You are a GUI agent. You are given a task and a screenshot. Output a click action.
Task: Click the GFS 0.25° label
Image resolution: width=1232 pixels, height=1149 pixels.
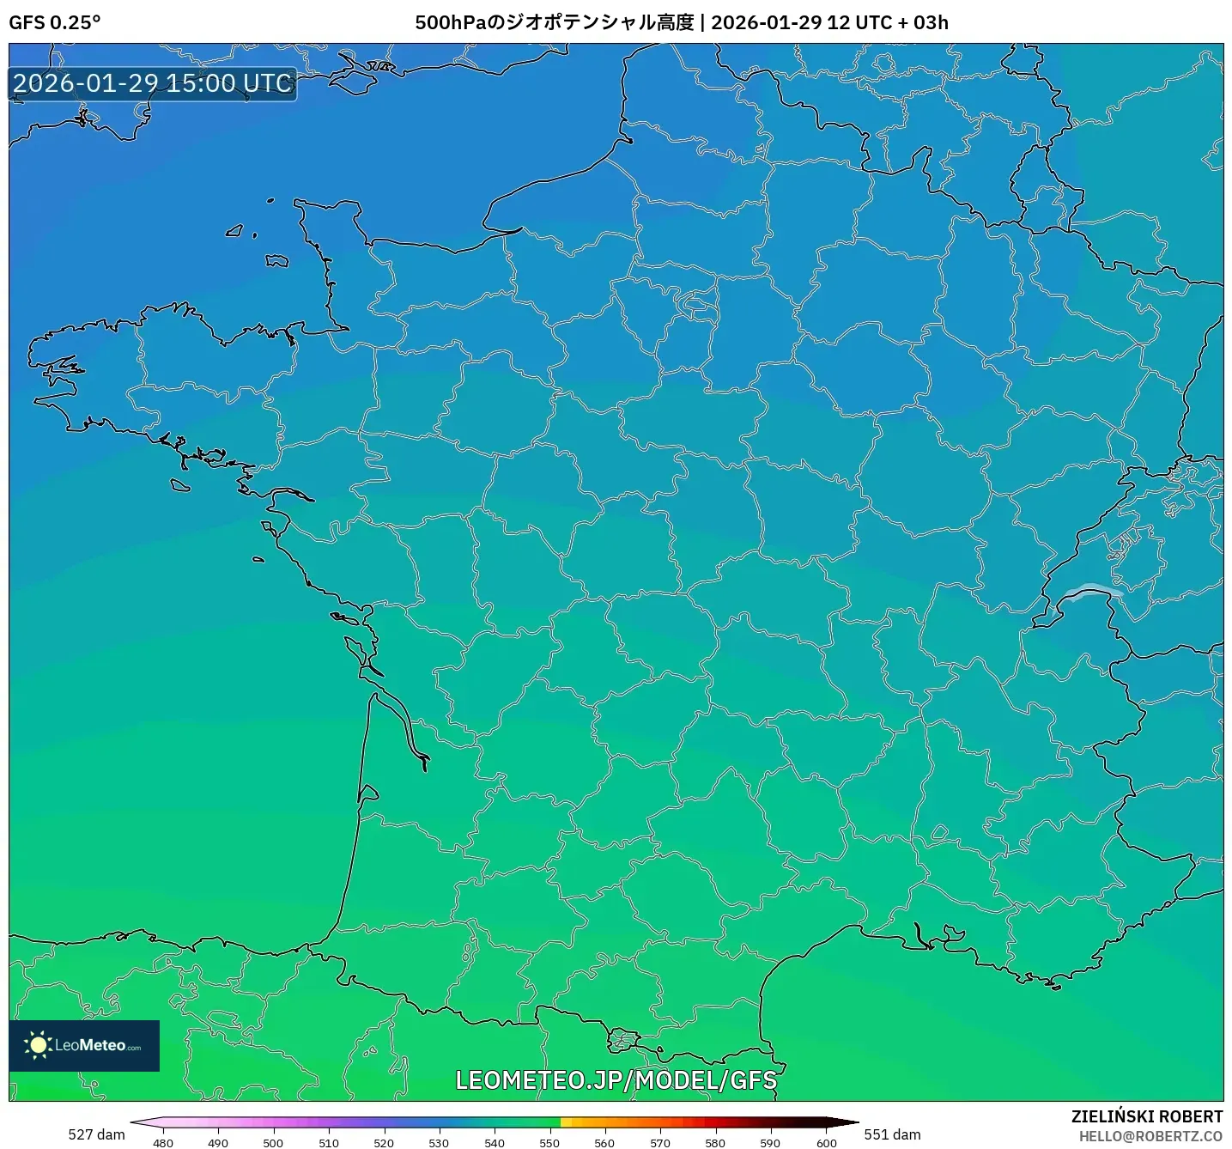[x=54, y=22]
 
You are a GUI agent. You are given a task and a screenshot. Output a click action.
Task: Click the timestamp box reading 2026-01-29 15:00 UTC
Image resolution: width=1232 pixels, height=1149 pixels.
[x=153, y=83]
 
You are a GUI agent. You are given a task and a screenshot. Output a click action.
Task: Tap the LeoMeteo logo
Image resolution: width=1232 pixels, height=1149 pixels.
[x=84, y=1045]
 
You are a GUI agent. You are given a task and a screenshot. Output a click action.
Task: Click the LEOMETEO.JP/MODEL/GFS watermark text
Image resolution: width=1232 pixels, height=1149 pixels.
[x=616, y=1080]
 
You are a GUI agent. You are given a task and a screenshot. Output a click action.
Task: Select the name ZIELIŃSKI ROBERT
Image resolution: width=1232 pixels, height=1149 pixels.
[x=1146, y=1116]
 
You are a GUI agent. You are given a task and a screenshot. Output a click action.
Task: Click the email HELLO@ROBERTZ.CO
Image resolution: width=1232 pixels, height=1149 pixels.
[x=1150, y=1136]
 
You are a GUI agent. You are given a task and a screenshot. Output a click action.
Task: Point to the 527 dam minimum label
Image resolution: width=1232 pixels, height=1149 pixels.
[x=96, y=1134]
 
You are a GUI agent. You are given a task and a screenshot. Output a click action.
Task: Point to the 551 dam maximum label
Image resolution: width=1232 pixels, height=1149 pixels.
[x=892, y=1134]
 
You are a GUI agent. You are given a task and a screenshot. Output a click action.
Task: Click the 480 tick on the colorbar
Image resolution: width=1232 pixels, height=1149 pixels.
[x=162, y=1142]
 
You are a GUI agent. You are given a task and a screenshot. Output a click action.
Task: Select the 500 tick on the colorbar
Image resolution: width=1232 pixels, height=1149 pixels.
[x=273, y=1142]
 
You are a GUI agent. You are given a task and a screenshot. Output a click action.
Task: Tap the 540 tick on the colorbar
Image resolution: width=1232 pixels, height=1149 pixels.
[x=495, y=1142]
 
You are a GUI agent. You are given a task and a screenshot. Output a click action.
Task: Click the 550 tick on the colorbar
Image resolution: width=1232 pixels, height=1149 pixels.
[x=549, y=1142]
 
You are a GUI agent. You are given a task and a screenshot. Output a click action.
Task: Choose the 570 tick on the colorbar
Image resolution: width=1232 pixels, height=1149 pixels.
[x=660, y=1142]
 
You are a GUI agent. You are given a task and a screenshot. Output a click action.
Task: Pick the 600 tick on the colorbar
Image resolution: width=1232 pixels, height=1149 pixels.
[x=826, y=1142]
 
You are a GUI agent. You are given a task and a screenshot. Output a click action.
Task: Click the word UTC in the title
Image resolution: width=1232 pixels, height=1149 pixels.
[x=874, y=22]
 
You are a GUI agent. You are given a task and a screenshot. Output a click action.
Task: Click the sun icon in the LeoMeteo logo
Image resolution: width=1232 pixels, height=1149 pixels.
[x=38, y=1045]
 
